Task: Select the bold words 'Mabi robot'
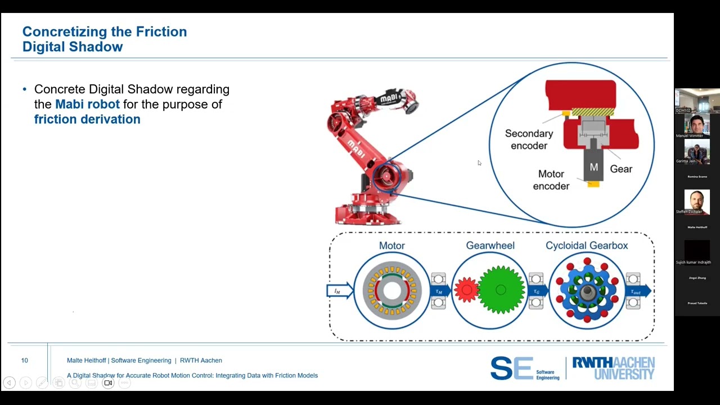pyautogui.click(x=87, y=105)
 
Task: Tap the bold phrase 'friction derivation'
pyautogui.click(x=87, y=119)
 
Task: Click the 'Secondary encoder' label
pyautogui.click(x=529, y=139)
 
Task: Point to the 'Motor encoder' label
pyautogui.click(x=551, y=180)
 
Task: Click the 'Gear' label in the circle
pyautogui.click(x=621, y=169)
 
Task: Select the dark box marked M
pyautogui.click(x=593, y=167)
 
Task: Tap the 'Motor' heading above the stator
pyautogui.click(x=391, y=246)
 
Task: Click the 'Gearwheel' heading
pyautogui.click(x=490, y=246)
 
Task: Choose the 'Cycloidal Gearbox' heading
pyautogui.click(x=587, y=246)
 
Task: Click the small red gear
pyautogui.click(x=466, y=290)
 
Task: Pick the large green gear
pyautogui.click(x=500, y=290)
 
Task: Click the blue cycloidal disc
pyautogui.click(x=587, y=290)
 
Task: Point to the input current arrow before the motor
pyautogui.click(x=339, y=291)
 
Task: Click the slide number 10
pyautogui.click(x=25, y=361)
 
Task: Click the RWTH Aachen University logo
pyautogui.click(x=613, y=368)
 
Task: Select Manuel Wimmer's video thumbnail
pyautogui.click(x=697, y=125)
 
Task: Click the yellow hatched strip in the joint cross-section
pyautogui.click(x=592, y=112)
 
